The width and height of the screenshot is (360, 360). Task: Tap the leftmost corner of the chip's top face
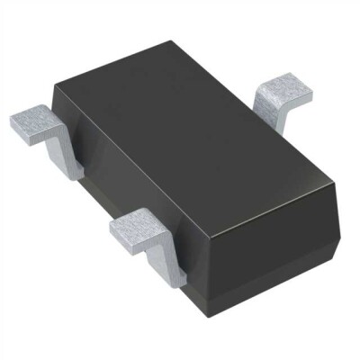coord(56,84)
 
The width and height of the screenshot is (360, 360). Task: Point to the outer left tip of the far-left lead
coord(13,118)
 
